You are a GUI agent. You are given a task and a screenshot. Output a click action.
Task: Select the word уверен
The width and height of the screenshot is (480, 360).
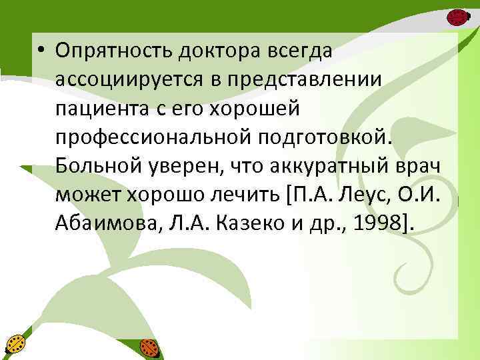(179, 167)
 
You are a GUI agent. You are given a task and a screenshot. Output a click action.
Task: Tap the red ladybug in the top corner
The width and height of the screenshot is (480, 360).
(457, 17)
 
